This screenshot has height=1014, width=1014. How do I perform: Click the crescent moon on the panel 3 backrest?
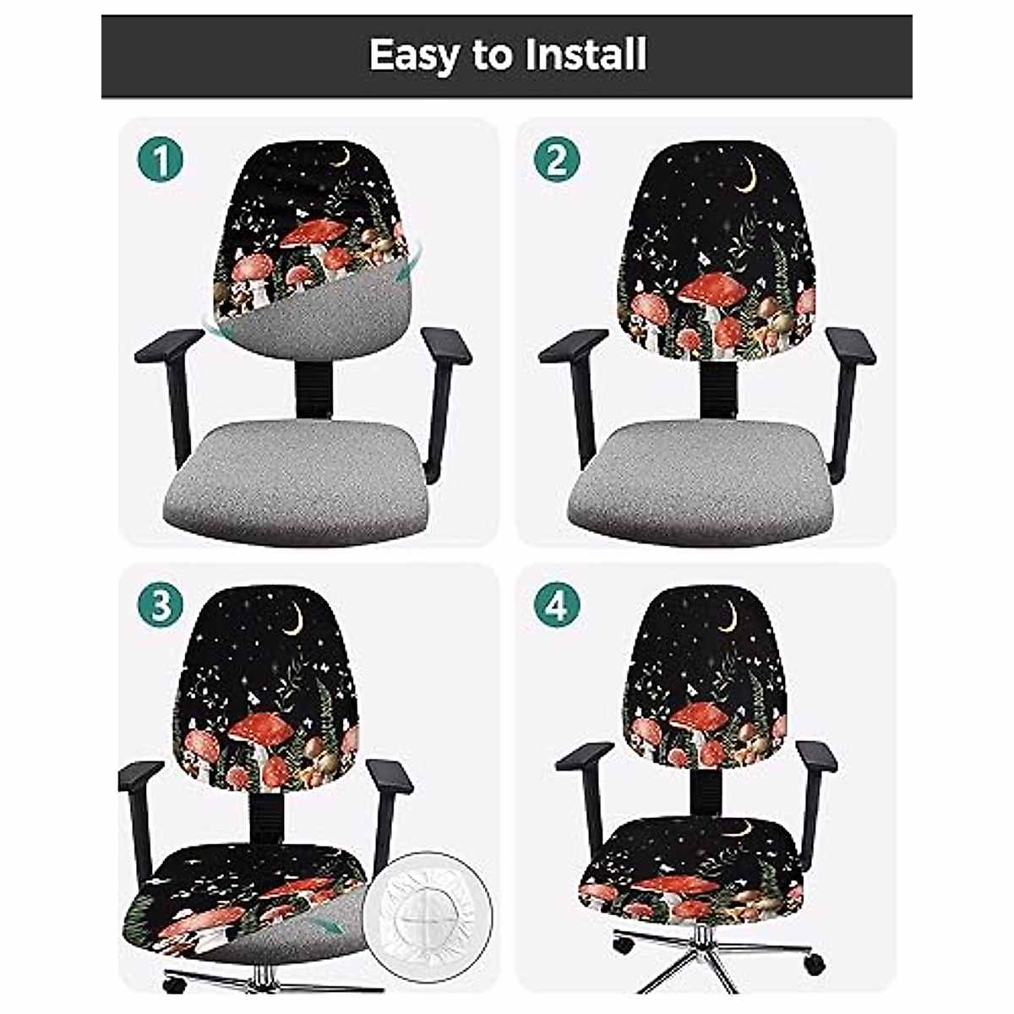pos(293,622)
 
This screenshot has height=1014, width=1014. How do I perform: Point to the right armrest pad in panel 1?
pos(445,345)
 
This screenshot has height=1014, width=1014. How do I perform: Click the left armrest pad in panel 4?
pos(584,755)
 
